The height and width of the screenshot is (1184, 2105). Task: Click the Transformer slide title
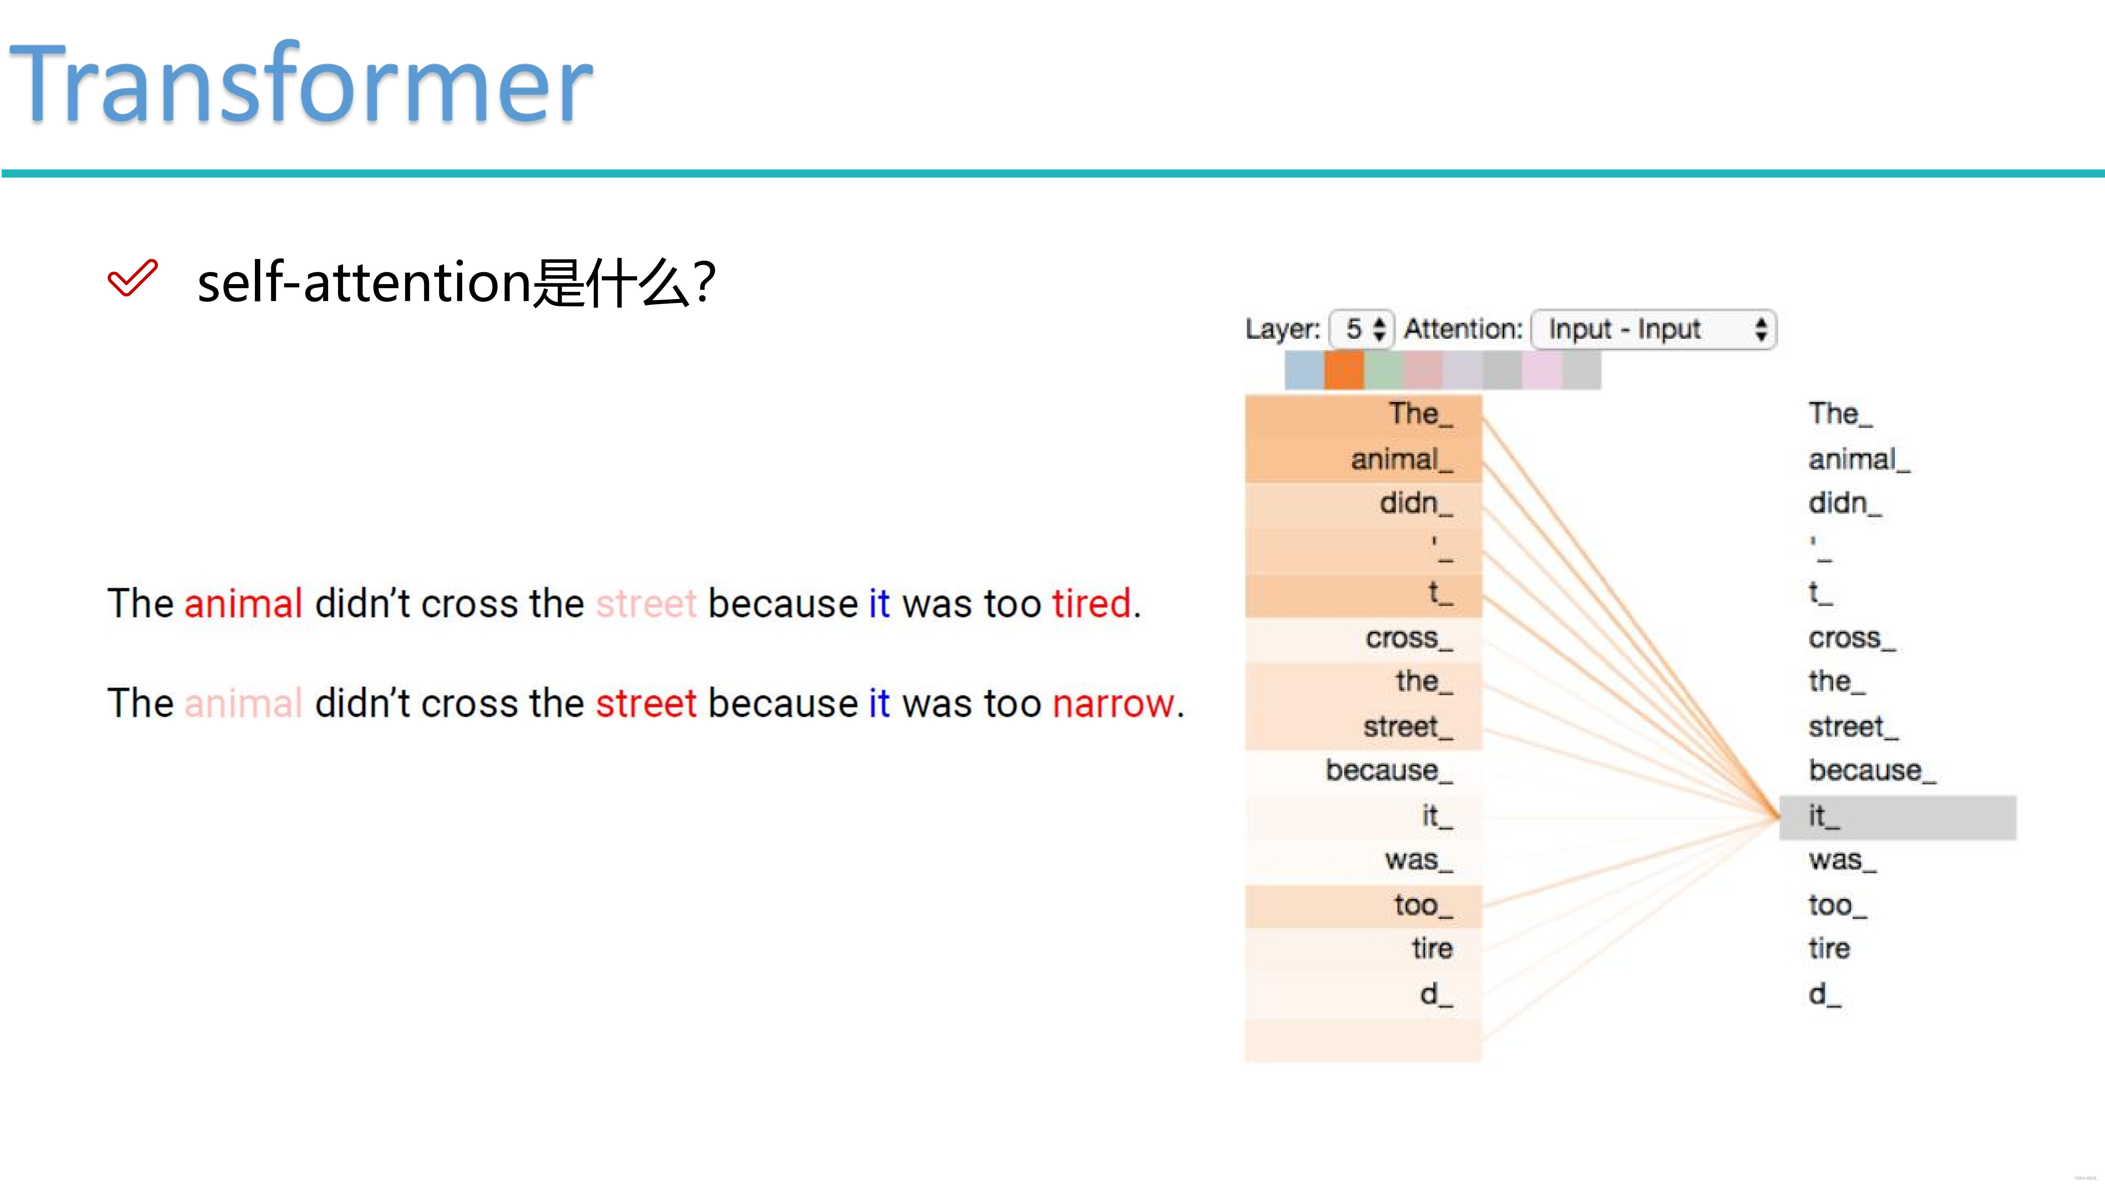tap(301, 84)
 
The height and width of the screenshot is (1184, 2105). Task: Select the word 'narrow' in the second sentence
tap(1112, 703)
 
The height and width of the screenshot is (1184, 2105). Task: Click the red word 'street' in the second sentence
tap(645, 703)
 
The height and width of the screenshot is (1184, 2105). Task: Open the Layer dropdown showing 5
tap(1361, 329)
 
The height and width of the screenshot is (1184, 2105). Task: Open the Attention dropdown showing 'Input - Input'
tap(1652, 329)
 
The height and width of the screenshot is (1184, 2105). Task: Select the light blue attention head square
tap(1304, 370)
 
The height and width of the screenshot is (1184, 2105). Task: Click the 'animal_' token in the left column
tap(1401, 460)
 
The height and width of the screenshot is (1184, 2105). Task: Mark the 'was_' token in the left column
tap(1418, 860)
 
